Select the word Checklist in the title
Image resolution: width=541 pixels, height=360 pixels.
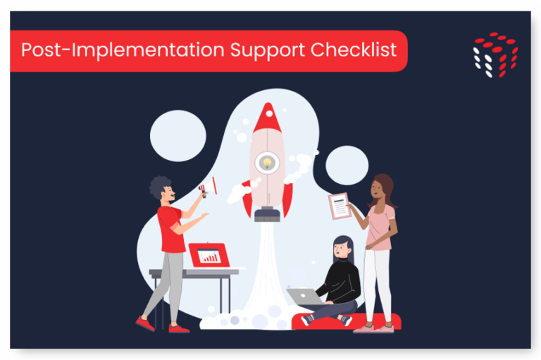tap(356, 51)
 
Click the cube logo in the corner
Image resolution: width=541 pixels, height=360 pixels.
tap(495, 54)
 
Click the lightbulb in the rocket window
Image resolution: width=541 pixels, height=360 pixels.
tap(267, 163)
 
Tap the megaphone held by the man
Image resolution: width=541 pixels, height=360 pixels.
tap(206, 187)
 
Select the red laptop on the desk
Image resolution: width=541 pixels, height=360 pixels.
tap(209, 255)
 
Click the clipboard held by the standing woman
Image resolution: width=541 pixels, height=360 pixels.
tap(340, 206)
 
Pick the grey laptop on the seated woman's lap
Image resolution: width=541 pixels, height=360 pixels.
tap(304, 297)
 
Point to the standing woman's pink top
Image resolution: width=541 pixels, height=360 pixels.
tap(381, 225)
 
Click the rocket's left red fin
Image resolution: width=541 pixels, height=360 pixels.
tap(247, 203)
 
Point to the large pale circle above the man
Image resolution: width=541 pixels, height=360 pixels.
tap(178, 136)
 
